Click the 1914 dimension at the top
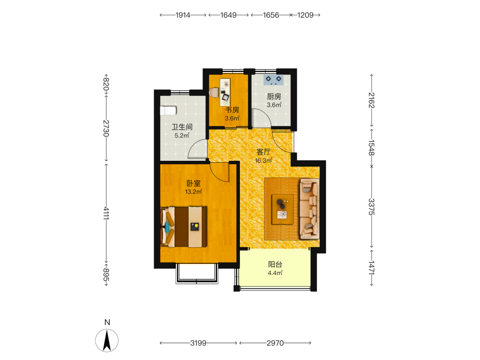click(183, 15)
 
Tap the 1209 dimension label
click(305, 15)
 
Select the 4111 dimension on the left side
click(106, 214)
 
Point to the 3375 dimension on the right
click(372, 206)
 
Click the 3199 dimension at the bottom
click(198, 343)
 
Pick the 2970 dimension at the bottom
click(275, 343)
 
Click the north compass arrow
click(107, 340)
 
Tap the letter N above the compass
click(107, 322)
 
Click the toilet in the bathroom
click(168, 110)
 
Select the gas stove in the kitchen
click(274, 80)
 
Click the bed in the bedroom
click(184, 227)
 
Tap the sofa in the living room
click(310, 209)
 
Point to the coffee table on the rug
click(283, 209)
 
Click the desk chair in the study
click(215, 93)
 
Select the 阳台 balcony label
click(275, 264)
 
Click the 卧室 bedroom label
click(193, 183)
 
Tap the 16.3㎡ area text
click(264, 160)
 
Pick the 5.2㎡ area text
click(182, 135)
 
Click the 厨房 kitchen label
click(274, 97)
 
